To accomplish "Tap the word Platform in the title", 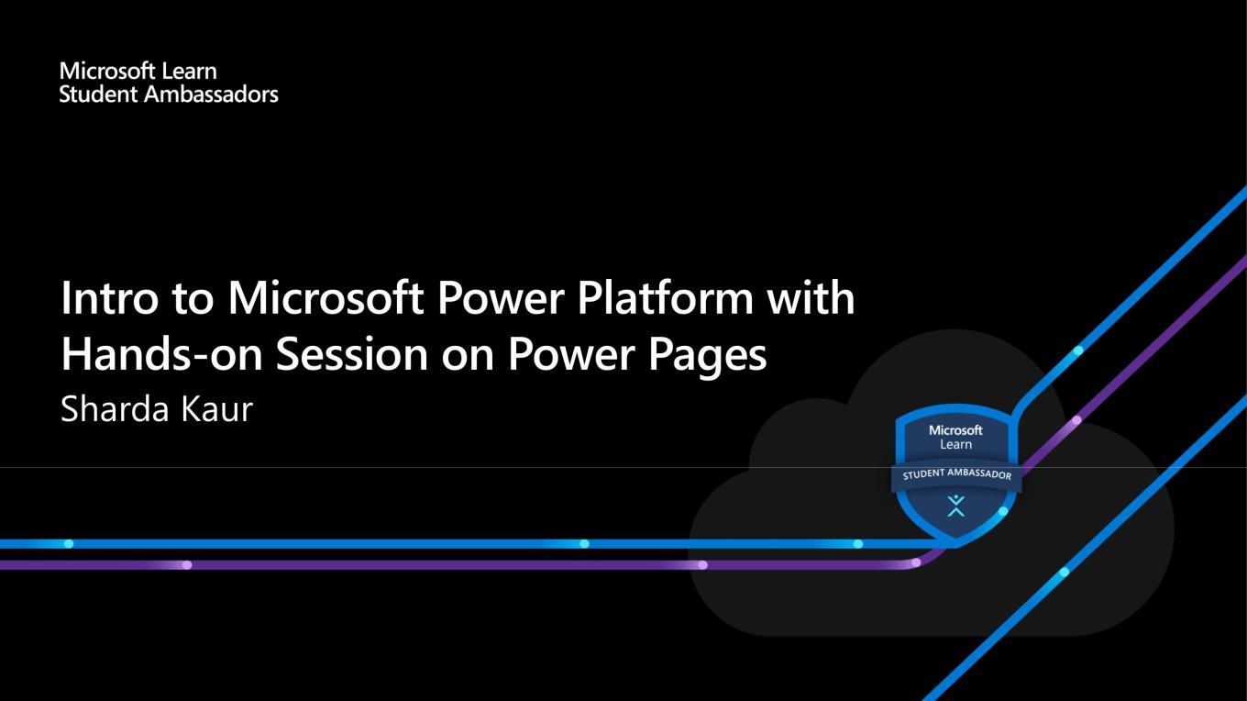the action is coord(666,297).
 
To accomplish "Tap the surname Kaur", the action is coord(216,409).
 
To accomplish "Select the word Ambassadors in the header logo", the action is coord(211,95).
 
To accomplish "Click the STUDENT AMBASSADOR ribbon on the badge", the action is coord(956,474).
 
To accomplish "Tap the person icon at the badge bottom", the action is coord(956,506).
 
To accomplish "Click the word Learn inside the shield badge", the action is coord(955,444).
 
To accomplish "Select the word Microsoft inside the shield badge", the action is coord(955,430).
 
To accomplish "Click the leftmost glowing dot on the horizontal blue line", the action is coord(69,543).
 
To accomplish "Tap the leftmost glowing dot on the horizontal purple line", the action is coord(187,565).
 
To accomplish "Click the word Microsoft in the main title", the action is coord(326,297).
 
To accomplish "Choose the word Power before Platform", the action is coord(501,297).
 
